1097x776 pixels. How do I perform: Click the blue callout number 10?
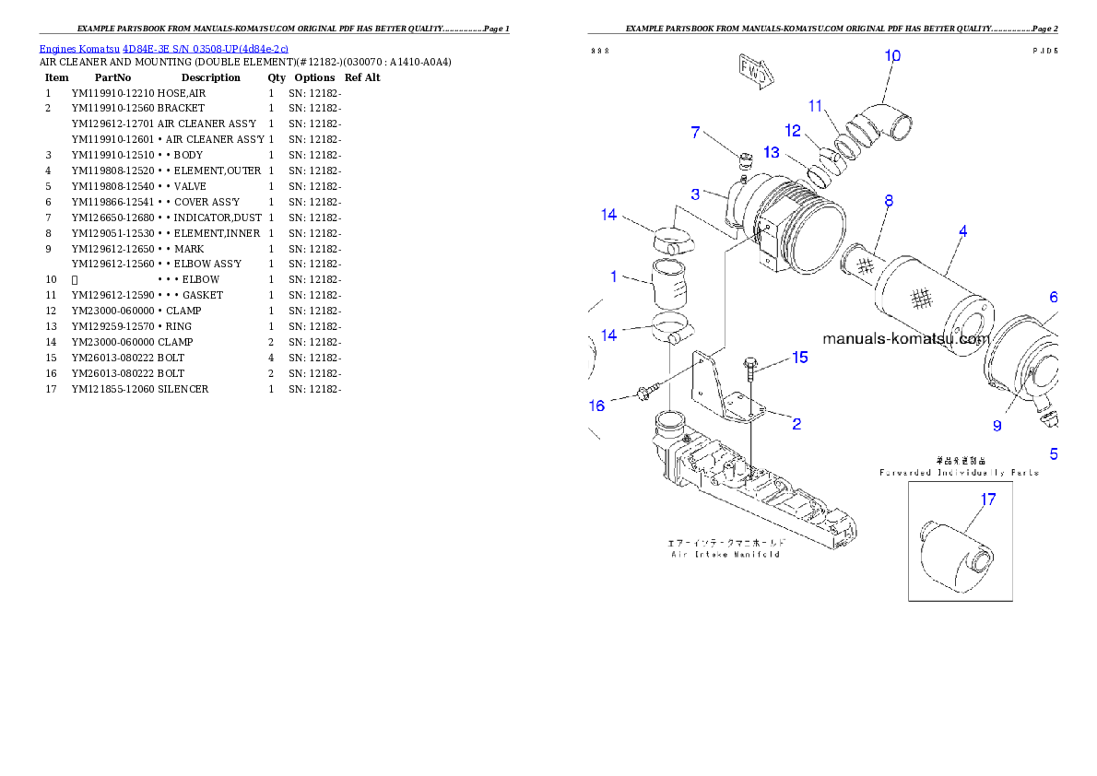892,55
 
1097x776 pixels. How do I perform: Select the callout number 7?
696,132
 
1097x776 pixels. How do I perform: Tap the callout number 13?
771,151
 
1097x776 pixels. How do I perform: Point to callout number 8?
889,200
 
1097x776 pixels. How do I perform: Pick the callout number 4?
961,231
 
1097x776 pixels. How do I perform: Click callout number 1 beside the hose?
613,276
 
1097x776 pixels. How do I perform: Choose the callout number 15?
800,357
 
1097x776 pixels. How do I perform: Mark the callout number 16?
597,405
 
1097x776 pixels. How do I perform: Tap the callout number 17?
988,500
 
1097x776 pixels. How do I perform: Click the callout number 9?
997,425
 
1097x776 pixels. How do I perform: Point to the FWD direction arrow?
754,73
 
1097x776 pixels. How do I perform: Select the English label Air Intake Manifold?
725,554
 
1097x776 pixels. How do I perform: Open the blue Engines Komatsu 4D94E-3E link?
163,48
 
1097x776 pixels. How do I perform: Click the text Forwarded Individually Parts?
959,473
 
